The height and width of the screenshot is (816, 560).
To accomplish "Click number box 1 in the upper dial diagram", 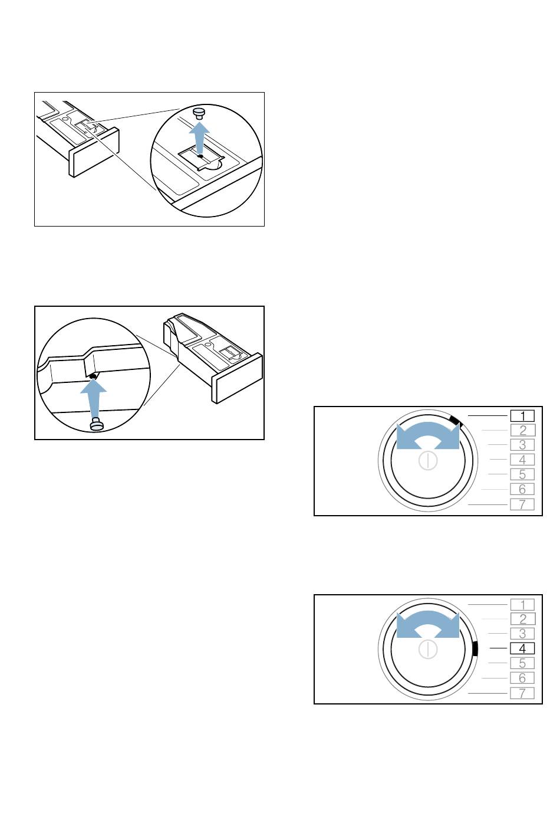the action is [522, 415].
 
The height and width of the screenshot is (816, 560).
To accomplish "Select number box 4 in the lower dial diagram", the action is [522, 648].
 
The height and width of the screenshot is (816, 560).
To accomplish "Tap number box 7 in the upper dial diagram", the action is [522, 504].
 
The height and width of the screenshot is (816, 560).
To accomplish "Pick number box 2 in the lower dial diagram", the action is [522, 619].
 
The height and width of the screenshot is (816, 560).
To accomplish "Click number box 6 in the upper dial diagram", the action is [522, 489].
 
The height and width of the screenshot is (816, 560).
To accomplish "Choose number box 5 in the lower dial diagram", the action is [522, 663].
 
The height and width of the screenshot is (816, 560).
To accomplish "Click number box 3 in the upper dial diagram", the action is [522, 445].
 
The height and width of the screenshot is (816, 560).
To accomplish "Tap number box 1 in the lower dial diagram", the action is [522, 605].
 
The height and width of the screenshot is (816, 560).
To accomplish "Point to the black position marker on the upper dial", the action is [456, 421].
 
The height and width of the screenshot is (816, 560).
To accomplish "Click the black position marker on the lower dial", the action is [475, 649].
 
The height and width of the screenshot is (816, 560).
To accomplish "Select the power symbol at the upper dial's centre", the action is [428, 461].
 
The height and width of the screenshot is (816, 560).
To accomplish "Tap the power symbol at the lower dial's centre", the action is [428, 650].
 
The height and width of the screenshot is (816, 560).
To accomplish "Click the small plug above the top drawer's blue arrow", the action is [199, 113].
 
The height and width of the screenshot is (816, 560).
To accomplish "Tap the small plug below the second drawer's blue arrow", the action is [96, 425].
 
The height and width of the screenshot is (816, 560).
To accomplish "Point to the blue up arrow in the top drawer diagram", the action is [199, 137].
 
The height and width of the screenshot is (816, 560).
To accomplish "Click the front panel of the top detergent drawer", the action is [94, 152].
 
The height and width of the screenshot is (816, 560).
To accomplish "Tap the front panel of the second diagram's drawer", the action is [237, 378].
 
